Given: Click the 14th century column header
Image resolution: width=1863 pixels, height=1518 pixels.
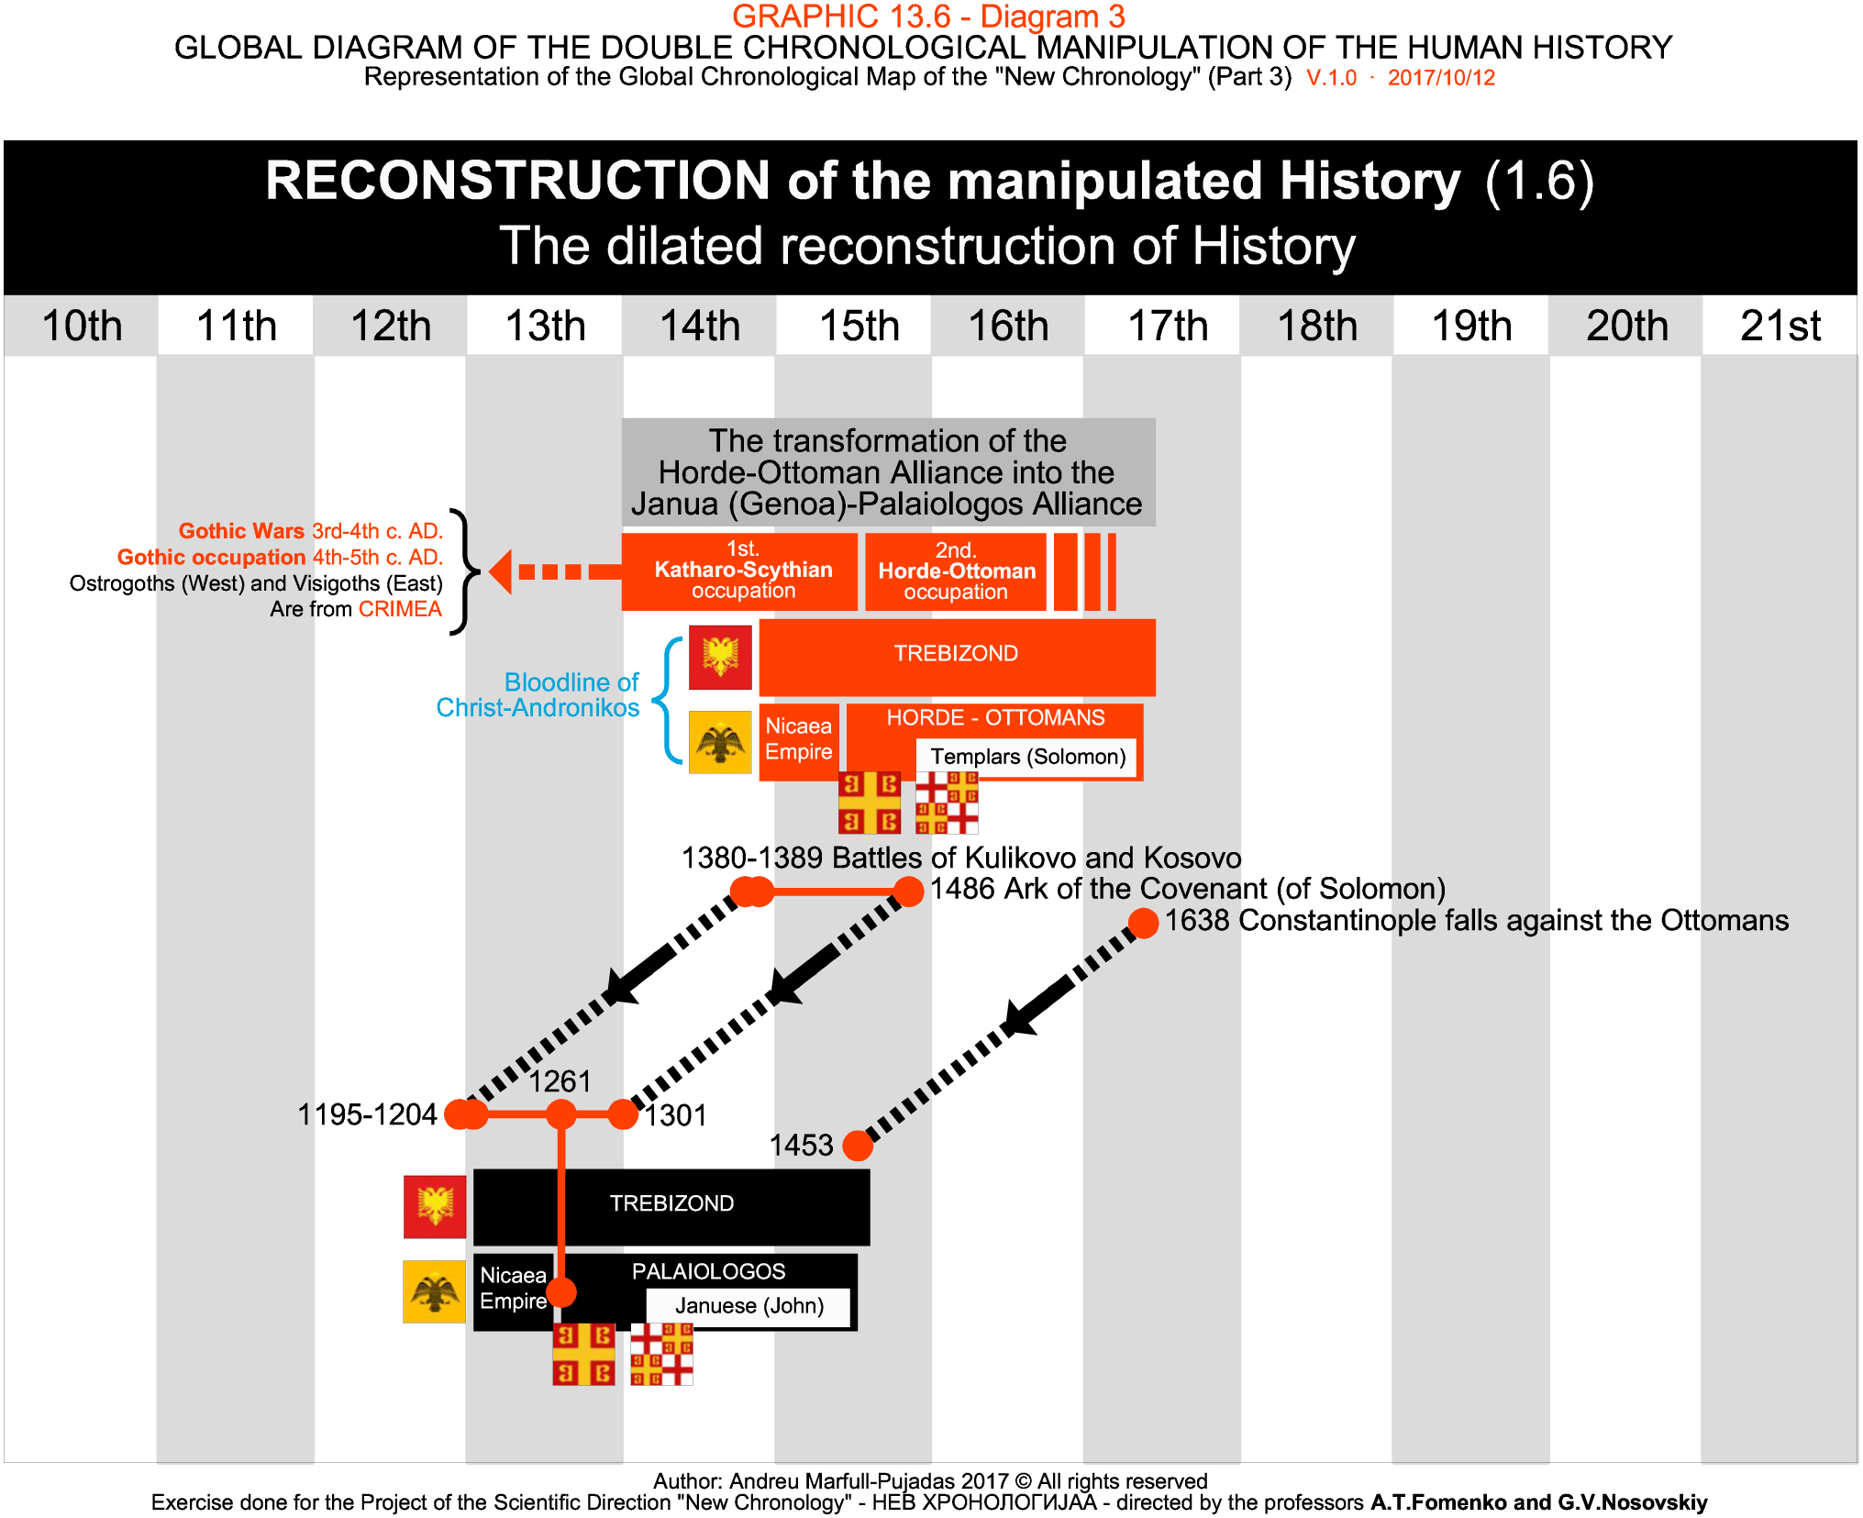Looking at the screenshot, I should [700, 326].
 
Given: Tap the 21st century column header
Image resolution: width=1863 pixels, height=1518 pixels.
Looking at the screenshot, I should [1780, 326].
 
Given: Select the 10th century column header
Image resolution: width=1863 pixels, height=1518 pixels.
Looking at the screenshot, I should [82, 326].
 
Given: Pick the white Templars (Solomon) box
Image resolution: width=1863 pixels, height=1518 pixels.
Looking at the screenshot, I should [1027, 757].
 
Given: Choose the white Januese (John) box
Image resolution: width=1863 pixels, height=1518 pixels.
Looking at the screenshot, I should [749, 1305].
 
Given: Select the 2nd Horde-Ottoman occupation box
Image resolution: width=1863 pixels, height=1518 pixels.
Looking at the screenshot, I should [956, 571].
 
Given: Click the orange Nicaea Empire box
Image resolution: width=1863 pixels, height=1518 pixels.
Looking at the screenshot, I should [798, 740].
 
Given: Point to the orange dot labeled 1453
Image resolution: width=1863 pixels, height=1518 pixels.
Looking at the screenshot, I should [858, 1145].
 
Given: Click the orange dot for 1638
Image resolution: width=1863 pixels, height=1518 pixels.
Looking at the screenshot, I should [1143, 923].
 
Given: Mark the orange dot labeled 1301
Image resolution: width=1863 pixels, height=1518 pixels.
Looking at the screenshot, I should [623, 1114].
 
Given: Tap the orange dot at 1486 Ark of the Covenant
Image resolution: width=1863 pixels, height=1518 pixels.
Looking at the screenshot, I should [908, 892].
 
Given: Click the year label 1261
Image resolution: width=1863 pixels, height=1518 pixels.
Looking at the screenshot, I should [560, 1081].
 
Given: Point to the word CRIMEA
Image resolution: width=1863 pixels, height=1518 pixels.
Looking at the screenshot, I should [400, 609].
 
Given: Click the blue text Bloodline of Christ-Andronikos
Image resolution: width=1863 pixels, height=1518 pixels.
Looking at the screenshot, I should [539, 694].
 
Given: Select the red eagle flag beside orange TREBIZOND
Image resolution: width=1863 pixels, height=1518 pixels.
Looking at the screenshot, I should [720, 657].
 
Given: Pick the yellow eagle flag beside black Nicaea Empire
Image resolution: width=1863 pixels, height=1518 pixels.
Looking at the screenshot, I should [435, 1291].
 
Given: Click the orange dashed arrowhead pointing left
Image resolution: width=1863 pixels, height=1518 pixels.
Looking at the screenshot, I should [501, 571].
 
